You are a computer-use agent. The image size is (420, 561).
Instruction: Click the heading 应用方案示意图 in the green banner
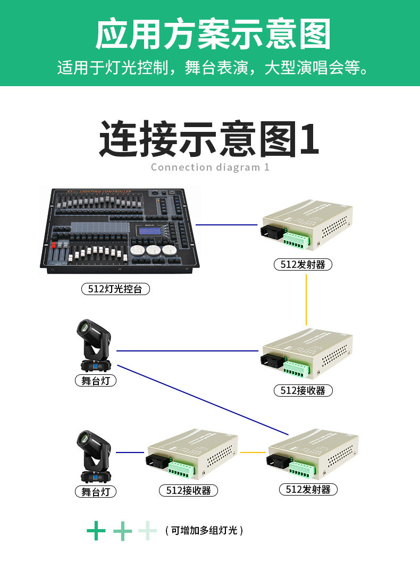pyautogui.click(x=213, y=35)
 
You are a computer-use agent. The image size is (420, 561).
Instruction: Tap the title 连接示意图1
pyautogui.click(x=209, y=139)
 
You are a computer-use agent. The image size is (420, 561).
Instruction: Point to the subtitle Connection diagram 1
pyautogui.click(x=210, y=167)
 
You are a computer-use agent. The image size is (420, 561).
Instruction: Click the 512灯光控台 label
pyautogui.click(x=115, y=289)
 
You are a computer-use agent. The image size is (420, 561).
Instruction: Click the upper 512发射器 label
pyautogui.click(x=303, y=264)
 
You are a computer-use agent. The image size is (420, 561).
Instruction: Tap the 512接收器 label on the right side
pyautogui.click(x=303, y=390)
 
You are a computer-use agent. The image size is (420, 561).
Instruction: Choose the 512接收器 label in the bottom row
pyautogui.click(x=188, y=490)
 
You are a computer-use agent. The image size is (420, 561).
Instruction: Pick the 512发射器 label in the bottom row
pyautogui.click(x=308, y=489)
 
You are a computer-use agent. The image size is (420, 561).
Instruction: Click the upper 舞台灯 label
pyautogui.click(x=95, y=381)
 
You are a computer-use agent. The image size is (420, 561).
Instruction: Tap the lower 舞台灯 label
pyautogui.click(x=95, y=492)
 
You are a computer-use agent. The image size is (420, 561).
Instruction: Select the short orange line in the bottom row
pyautogui.click(x=253, y=453)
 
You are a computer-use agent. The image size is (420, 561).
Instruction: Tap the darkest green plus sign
pyautogui.click(x=96, y=530)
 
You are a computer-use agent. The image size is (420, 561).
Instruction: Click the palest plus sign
pyautogui.click(x=148, y=530)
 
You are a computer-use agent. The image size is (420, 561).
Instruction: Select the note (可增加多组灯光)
pyautogui.click(x=204, y=530)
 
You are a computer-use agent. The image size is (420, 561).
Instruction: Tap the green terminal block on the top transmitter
pyautogui.click(x=296, y=240)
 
